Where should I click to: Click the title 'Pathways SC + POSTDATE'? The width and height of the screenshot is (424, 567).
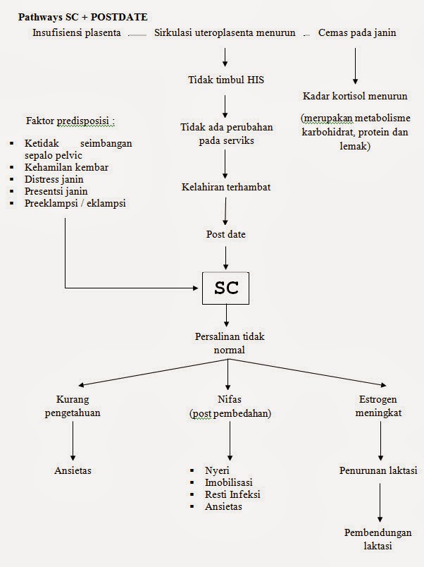[82, 16]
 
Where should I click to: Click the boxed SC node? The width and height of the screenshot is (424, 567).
[225, 288]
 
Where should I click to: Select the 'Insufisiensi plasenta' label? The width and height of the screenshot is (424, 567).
[76, 33]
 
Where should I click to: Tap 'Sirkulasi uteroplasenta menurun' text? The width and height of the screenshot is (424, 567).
[225, 33]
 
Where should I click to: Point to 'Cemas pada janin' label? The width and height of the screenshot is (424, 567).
[357, 33]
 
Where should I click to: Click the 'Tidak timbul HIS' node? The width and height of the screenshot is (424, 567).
[225, 79]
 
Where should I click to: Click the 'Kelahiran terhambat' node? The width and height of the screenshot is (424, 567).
[225, 187]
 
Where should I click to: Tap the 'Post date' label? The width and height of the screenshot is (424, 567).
[225, 234]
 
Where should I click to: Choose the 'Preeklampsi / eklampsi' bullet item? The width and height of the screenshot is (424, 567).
[77, 203]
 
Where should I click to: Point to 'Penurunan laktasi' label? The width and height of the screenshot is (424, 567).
[378, 470]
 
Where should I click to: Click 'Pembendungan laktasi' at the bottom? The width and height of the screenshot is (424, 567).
[378, 538]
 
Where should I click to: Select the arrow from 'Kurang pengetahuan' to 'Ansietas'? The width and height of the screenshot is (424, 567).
[73, 442]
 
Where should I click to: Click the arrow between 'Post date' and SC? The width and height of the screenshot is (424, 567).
[225, 256]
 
